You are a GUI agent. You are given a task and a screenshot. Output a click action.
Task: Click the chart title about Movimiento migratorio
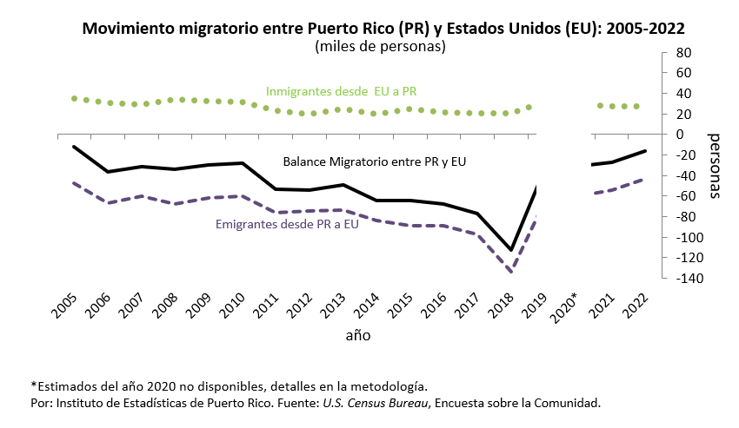(383, 28)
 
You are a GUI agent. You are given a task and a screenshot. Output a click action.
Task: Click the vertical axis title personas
(715, 166)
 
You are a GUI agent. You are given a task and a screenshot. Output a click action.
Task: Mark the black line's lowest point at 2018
(512, 250)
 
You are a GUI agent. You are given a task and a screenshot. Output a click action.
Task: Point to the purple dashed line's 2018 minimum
(511, 272)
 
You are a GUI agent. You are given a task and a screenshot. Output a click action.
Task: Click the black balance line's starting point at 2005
(74, 146)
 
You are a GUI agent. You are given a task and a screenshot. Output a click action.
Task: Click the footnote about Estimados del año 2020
(229, 385)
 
